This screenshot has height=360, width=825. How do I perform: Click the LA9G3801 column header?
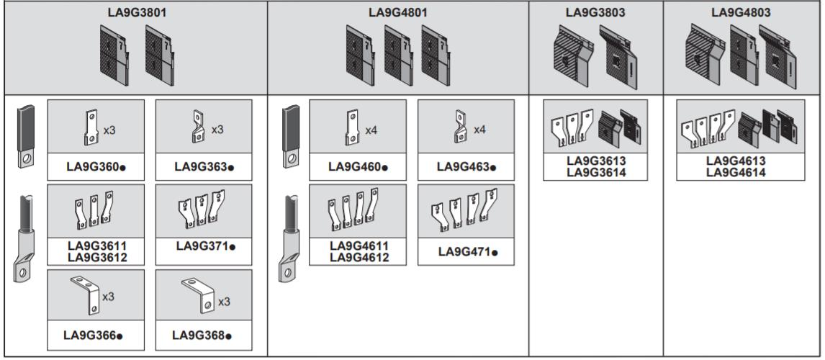(x=134, y=12)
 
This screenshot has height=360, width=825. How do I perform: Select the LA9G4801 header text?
(x=398, y=12)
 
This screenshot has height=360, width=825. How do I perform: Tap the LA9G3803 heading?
(x=595, y=12)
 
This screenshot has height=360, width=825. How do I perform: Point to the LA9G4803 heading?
(x=741, y=12)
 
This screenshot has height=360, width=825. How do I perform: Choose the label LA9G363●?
(x=204, y=167)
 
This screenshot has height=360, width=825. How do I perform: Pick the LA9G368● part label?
(x=204, y=335)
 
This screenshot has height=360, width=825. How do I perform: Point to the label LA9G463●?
(x=466, y=167)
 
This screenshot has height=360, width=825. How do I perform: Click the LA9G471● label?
(x=466, y=252)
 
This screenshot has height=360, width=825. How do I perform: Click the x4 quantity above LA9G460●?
(x=371, y=130)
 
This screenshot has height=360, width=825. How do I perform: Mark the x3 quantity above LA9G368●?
(x=223, y=301)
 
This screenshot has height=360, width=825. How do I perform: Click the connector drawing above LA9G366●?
(x=84, y=295)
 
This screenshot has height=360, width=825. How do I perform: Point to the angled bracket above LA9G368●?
(x=199, y=297)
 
